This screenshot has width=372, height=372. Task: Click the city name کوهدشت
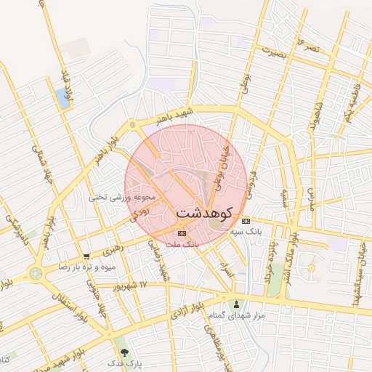204,214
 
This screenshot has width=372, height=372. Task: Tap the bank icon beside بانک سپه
246,222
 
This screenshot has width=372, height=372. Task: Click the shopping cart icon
87,256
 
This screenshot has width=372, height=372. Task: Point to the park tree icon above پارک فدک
133,352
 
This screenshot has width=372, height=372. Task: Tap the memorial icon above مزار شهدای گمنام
236,304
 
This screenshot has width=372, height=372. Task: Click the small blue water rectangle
62,99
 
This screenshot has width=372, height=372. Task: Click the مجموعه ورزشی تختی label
123,196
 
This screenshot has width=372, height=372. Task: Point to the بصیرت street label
281,52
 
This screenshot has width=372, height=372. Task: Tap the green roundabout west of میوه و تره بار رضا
35,273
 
